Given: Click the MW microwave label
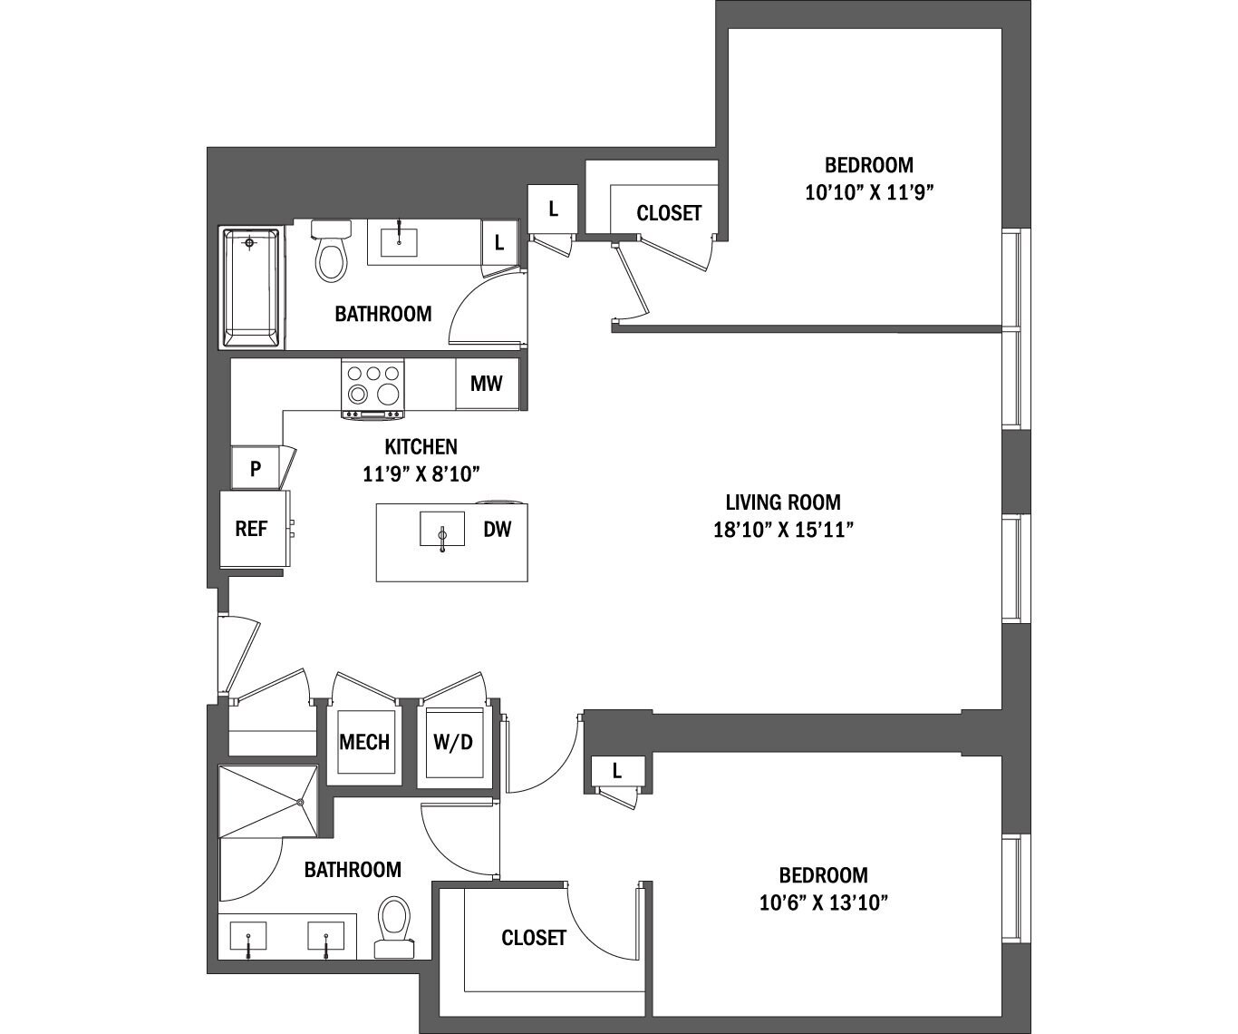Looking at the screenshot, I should [486, 384].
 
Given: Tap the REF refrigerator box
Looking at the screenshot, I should [251, 529].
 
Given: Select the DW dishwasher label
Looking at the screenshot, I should [498, 529].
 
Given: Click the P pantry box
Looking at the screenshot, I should [256, 469].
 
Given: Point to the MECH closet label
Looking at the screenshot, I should [364, 742].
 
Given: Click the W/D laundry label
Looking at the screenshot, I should [453, 742].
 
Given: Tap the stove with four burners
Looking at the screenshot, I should [372, 388].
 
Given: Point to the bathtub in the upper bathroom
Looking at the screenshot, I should [251, 287].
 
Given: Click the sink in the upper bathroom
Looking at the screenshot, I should [399, 241].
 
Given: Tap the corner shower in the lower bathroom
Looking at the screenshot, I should [268, 802].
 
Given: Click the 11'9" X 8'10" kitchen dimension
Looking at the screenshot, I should [421, 473].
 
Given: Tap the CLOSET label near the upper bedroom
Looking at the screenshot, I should [669, 213].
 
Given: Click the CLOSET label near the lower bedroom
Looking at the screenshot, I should [534, 938].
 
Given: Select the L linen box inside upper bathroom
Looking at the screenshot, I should [498, 243].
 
